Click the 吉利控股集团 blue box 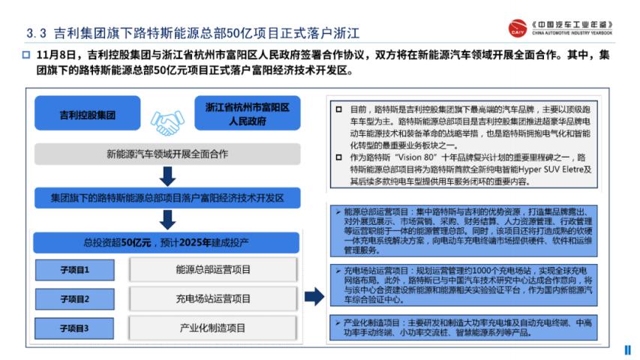[x=88, y=116]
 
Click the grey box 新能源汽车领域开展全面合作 [x=167, y=154]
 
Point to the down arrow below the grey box [x=168, y=177]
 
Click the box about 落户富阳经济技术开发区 [x=167, y=199]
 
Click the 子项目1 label [x=75, y=270]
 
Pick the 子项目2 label [x=75, y=299]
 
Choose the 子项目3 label [x=75, y=328]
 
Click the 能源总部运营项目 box [x=214, y=270]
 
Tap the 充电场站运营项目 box [x=214, y=299]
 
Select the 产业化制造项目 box [x=214, y=328]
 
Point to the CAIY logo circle [x=517, y=28]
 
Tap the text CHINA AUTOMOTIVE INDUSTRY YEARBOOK [x=572, y=34]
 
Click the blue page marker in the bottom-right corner [x=628, y=349]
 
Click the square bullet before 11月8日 [x=26, y=55]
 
